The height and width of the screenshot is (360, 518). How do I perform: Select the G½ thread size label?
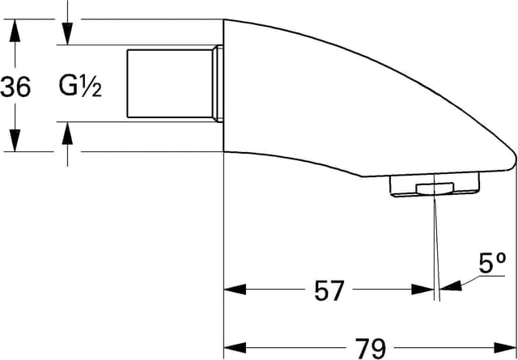tap(80, 86)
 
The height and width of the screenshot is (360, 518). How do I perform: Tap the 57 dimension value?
tap(329, 290)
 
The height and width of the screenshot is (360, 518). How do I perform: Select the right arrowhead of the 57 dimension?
tap(424, 289)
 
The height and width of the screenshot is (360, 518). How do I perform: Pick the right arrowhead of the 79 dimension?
tap(507, 347)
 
